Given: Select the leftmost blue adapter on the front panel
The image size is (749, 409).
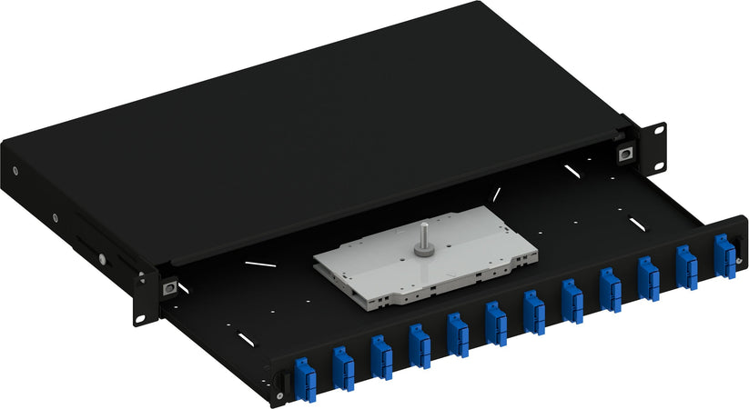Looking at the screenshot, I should (305, 377).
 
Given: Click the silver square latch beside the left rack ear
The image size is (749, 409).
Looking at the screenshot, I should (168, 287).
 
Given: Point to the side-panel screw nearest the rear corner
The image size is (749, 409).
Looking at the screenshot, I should (15, 170).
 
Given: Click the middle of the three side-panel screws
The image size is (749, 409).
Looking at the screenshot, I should (54, 217).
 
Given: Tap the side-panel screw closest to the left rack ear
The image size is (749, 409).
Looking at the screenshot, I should (103, 259).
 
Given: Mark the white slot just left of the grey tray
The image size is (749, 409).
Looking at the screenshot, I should (260, 264).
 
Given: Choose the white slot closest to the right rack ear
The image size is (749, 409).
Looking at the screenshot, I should (571, 170).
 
